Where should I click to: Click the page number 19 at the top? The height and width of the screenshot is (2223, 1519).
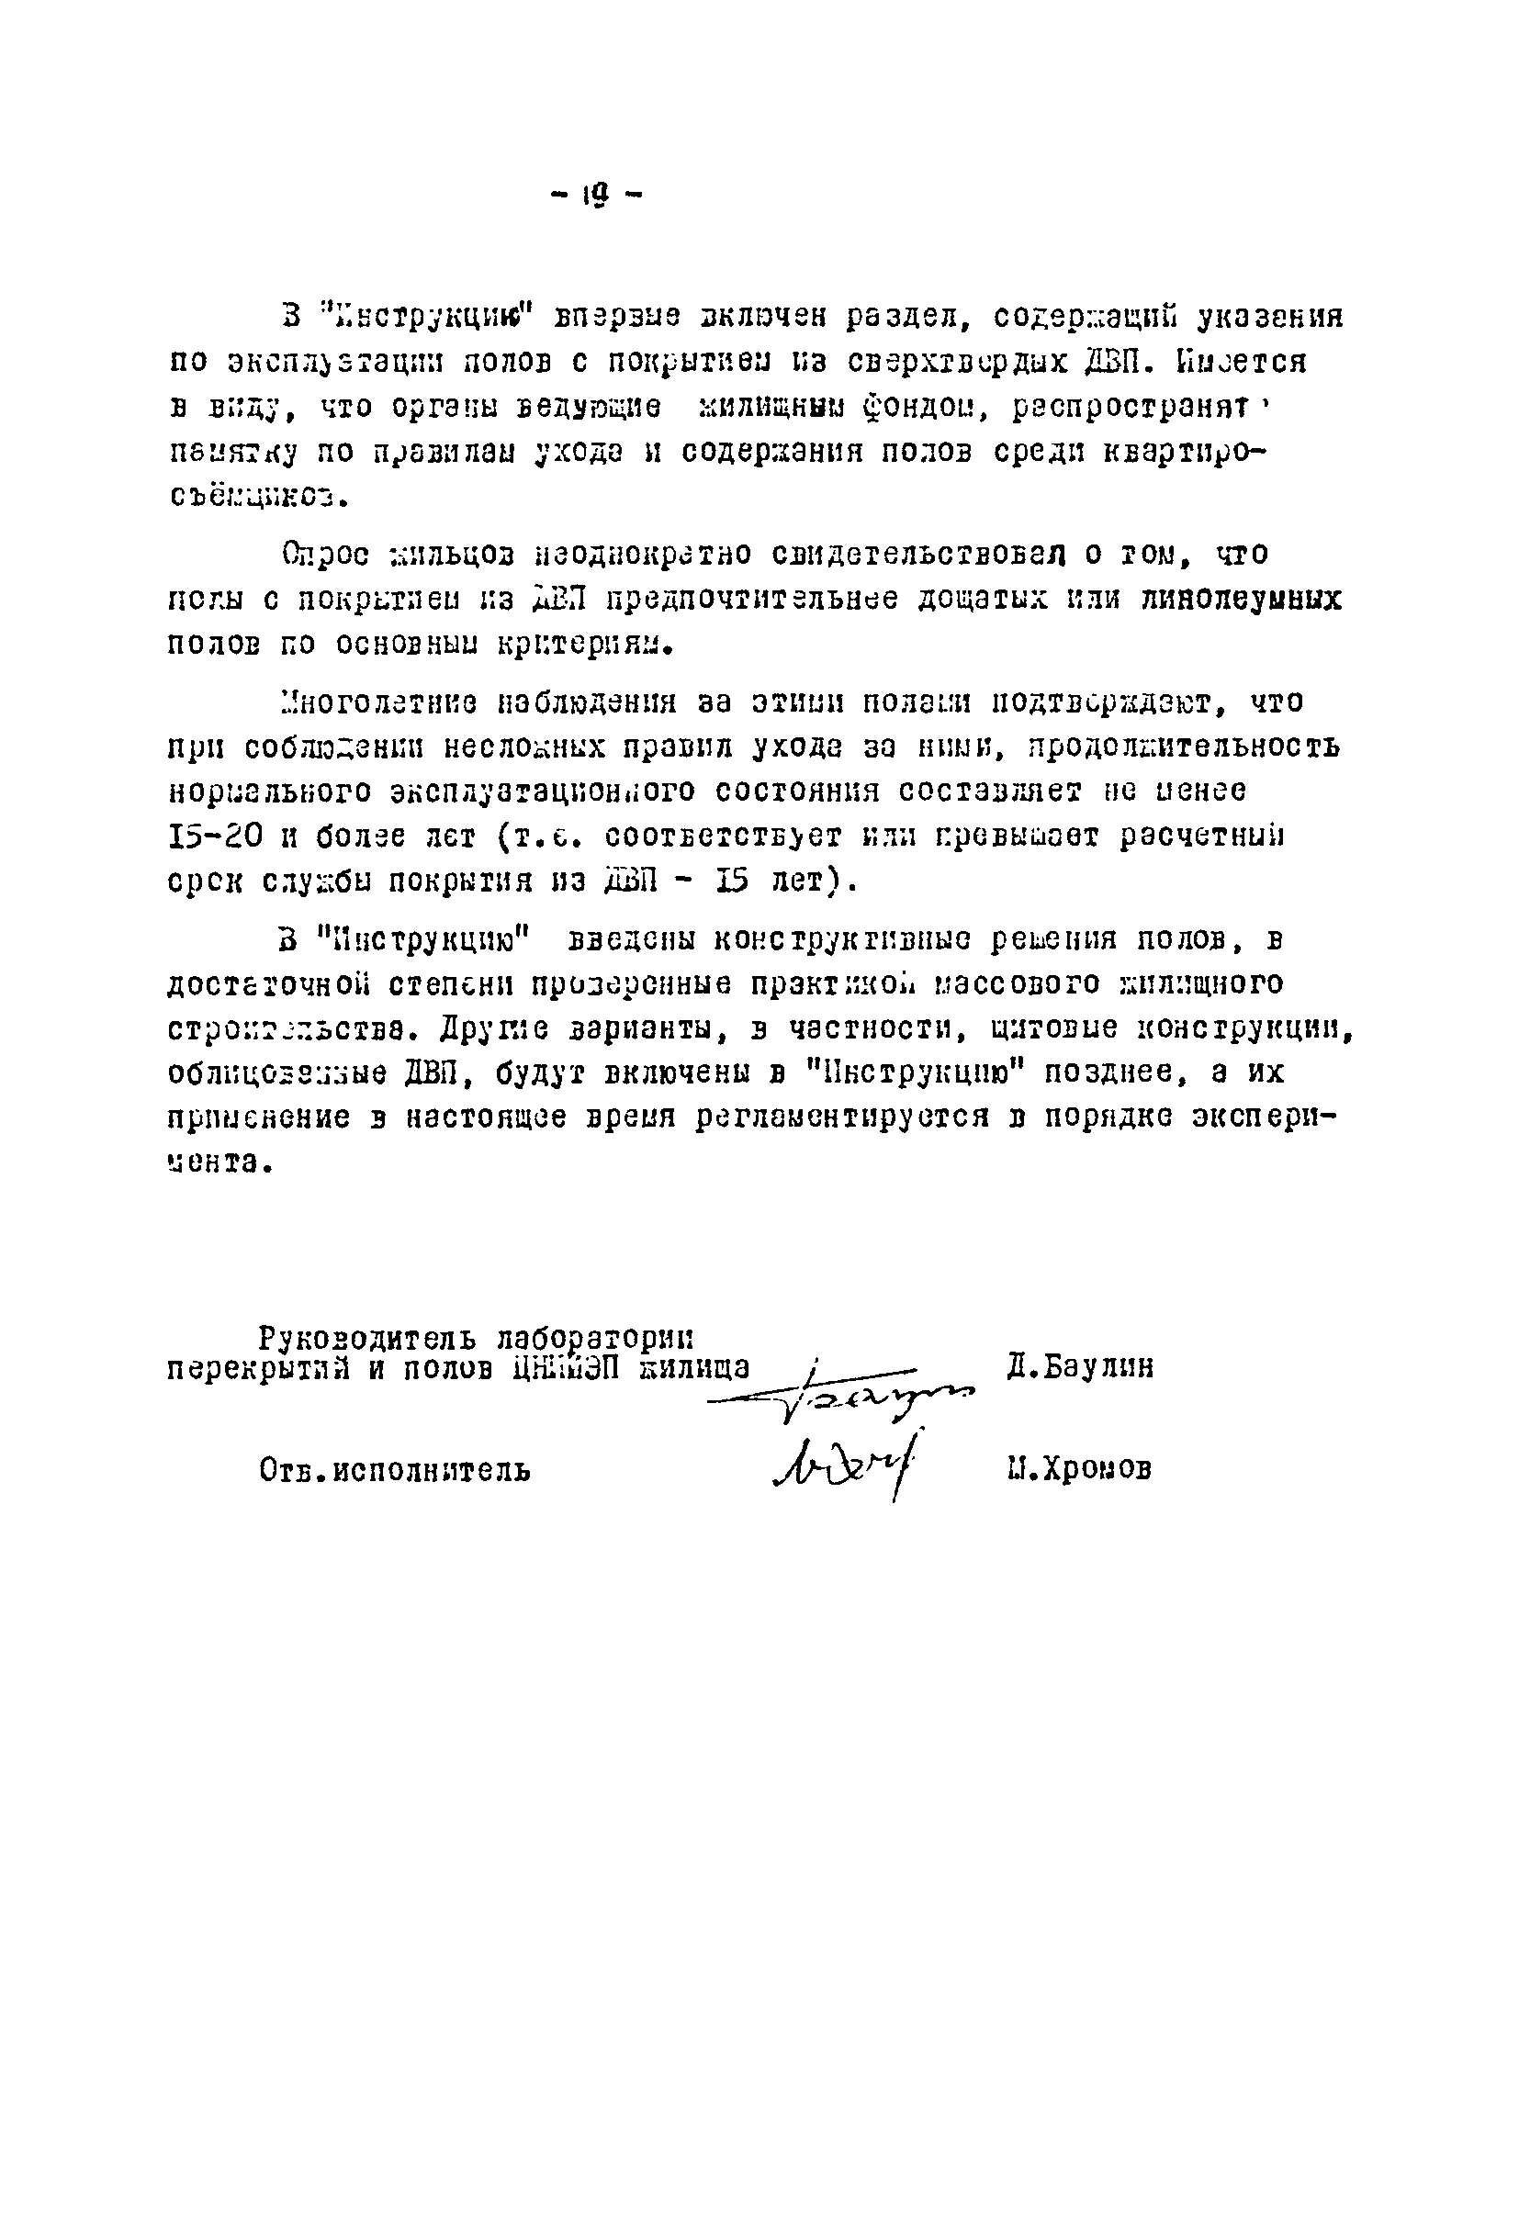pos(594,196)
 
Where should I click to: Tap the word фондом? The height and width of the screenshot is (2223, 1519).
pos(927,407)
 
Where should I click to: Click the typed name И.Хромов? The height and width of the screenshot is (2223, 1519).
pos(1078,1468)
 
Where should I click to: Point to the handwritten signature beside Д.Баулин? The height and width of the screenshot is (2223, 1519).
pos(842,1398)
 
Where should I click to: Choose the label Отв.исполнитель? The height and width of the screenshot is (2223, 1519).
pos(394,1469)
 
